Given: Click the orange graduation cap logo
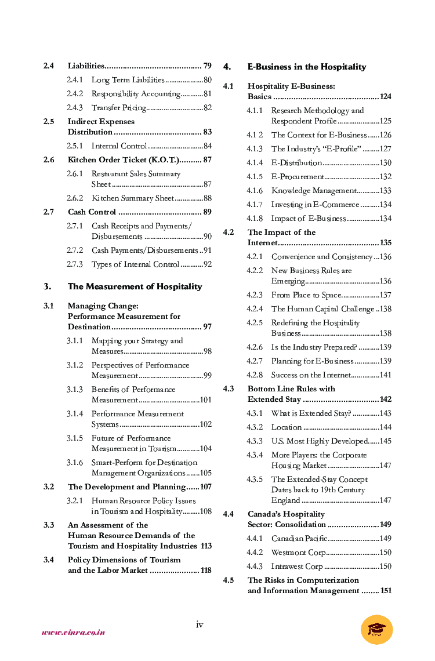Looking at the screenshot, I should pyautogui.click(x=376, y=630).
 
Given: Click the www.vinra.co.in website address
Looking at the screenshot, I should pyautogui.click(x=73, y=632).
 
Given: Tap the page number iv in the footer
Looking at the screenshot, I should pyautogui.click(x=199, y=624).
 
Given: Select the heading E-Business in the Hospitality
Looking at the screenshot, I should pyautogui.click(x=306, y=67).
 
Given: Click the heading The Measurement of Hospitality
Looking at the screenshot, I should pyautogui.click(x=135, y=286).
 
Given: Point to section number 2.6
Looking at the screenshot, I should pyautogui.click(x=49, y=160).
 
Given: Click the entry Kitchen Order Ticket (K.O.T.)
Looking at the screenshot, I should pyautogui.click(x=123, y=160).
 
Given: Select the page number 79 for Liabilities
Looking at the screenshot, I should pyautogui.click(x=207, y=66).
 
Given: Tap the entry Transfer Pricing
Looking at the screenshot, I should pyautogui.click(x=118, y=108).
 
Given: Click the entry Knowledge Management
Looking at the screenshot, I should pyautogui.click(x=314, y=191).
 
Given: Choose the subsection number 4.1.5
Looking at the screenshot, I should pyautogui.click(x=255, y=177).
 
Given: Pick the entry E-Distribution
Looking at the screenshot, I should pyautogui.click(x=296, y=163).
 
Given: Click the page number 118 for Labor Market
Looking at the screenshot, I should pyautogui.click(x=206, y=571).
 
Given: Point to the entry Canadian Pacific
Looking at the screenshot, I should pyautogui.click(x=299, y=539).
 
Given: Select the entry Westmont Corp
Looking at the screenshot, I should pyautogui.click(x=298, y=553).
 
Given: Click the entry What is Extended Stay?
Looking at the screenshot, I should pyautogui.click(x=311, y=413).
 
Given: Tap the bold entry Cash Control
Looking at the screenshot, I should pyautogui.click(x=92, y=212).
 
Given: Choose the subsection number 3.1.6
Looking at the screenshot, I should pyautogui.click(x=74, y=463).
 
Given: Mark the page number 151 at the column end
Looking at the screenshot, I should pyautogui.click(x=386, y=591).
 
